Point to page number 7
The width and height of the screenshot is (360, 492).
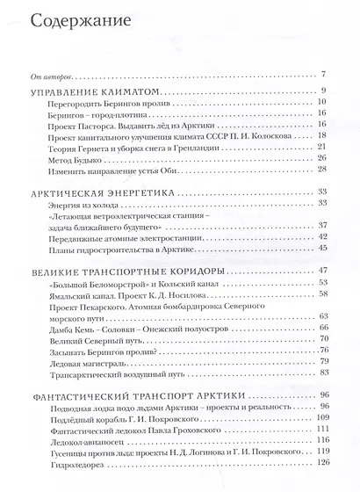(x=324, y=73)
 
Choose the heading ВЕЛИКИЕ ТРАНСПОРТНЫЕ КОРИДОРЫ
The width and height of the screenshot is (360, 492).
(x=131, y=270)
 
